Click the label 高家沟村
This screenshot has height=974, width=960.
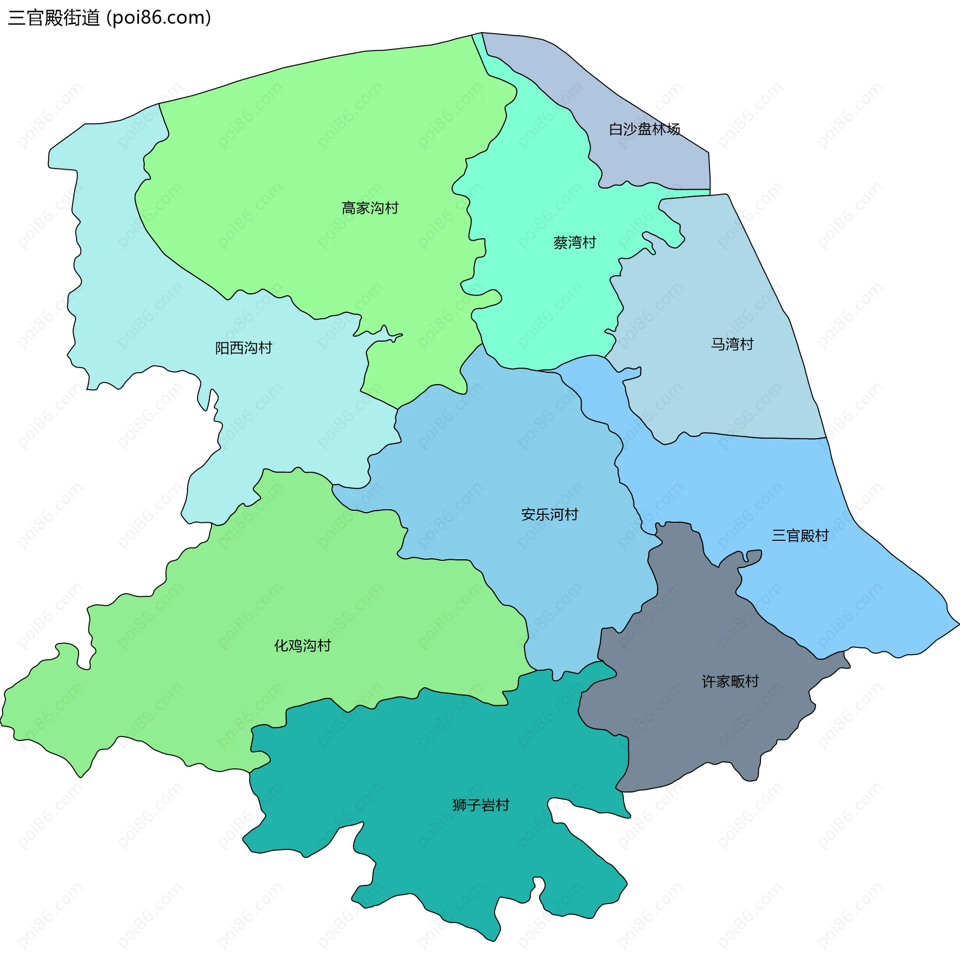(x=370, y=208)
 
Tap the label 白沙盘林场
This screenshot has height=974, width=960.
(x=644, y=129)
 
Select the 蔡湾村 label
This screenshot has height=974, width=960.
(x=574, y=243)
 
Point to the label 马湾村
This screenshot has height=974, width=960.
(x=731, y=344)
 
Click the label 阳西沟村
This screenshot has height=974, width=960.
(x=243, y=348)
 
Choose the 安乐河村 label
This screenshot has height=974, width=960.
(x=549, y=514)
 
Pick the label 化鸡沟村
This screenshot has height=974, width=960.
(x=302, y=645)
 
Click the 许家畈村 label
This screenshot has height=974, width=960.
(x=730, y=681)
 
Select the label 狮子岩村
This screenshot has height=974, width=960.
(x=481, y=805)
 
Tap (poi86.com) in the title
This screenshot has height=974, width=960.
(x=158, y=18)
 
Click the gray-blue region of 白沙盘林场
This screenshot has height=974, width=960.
(x=655, y=161)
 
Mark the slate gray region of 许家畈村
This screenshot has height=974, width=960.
(x=705, y=731)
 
